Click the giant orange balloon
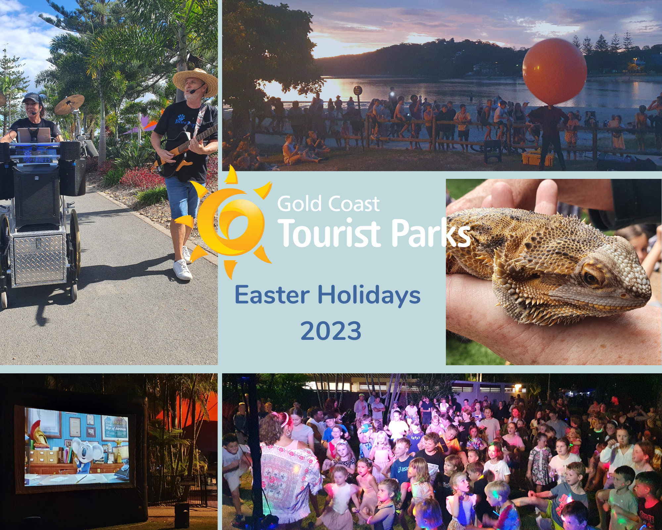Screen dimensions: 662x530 pos(554,72)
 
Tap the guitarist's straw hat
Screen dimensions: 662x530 pos(195,82)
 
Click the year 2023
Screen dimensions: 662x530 pos(331,331)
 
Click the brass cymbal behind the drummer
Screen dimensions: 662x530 pos(70,104)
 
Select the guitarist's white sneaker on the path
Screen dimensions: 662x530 pos(182,269)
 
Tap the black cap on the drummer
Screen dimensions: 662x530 pos(31,97)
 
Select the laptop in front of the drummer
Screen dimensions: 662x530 pos(34,135)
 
